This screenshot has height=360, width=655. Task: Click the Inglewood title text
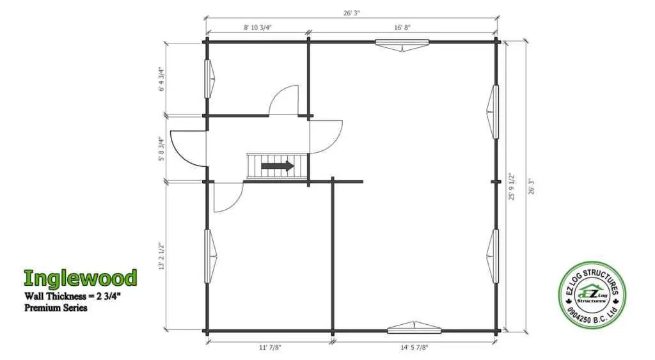click(x=81, y=278)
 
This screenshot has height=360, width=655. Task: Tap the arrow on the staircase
click(x=278, y=166)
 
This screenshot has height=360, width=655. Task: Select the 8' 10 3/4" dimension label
click(x=258, y=27)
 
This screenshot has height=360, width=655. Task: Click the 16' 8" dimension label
click(x=402, y=27)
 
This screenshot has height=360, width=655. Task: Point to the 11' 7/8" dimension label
click(x=270, y=347)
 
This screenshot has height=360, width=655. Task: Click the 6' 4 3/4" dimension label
click(x=162, y=79)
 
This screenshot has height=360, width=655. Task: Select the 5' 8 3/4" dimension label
click(x=162, y=149)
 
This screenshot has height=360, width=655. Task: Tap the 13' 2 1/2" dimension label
click(x=162, y=256)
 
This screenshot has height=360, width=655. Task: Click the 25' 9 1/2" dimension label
click(x=512, y=187)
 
